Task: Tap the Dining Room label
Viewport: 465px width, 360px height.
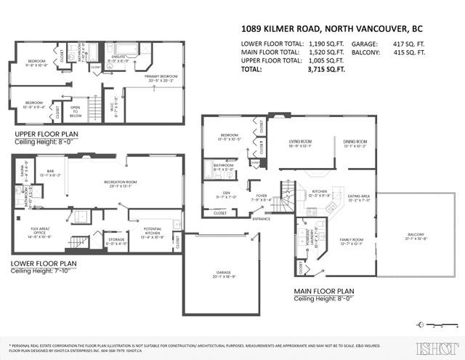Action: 355,142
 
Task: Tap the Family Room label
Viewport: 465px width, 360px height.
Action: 349,241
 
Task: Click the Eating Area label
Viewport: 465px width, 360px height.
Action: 359,196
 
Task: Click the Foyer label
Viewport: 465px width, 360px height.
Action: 261,196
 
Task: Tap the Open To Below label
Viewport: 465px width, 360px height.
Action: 76,112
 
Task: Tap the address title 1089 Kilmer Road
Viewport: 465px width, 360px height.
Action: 332,30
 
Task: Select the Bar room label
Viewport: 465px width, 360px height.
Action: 51,171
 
